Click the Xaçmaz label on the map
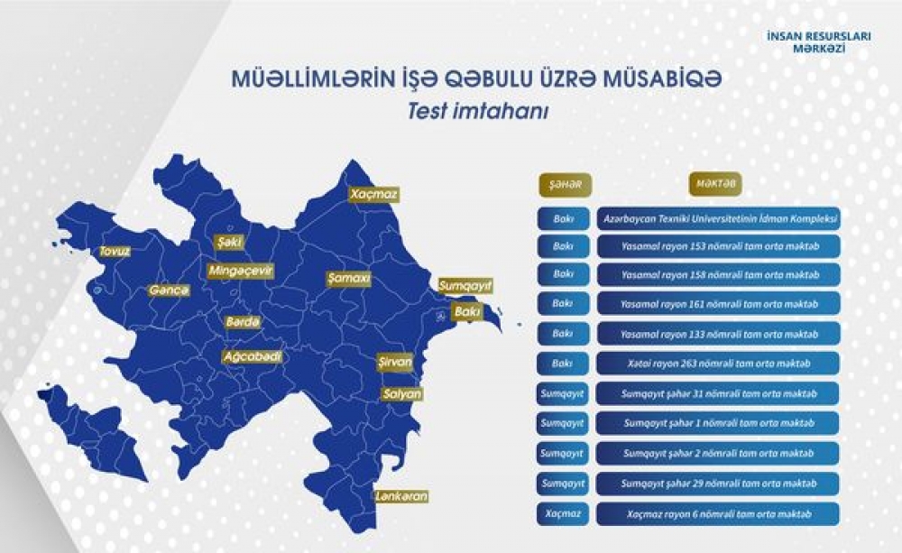[x=373, y=194]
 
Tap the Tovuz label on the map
[x=115, y=251]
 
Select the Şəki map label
[x=228, y=243]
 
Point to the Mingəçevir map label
[x=240, y=270]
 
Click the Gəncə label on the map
[x=169, y=290]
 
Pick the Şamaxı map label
[x=349, y=279]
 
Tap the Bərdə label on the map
[x=243, y=322]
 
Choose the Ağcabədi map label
[x=253, y=356]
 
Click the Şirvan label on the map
[x=395, y=363]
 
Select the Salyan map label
[x=401, y=394]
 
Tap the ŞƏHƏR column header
[x=561, y=184]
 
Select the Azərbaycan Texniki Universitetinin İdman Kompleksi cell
[x=719, y=219]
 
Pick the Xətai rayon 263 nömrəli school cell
[x=719, y=364]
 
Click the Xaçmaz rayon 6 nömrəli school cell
[x=719, y=513]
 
